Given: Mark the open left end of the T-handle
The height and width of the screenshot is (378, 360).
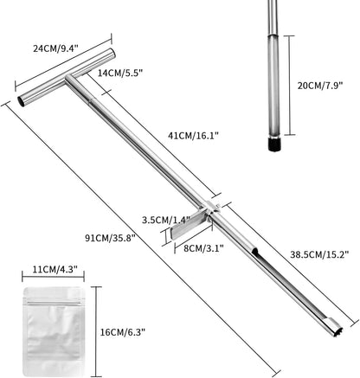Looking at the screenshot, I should (x=22, y=101).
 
